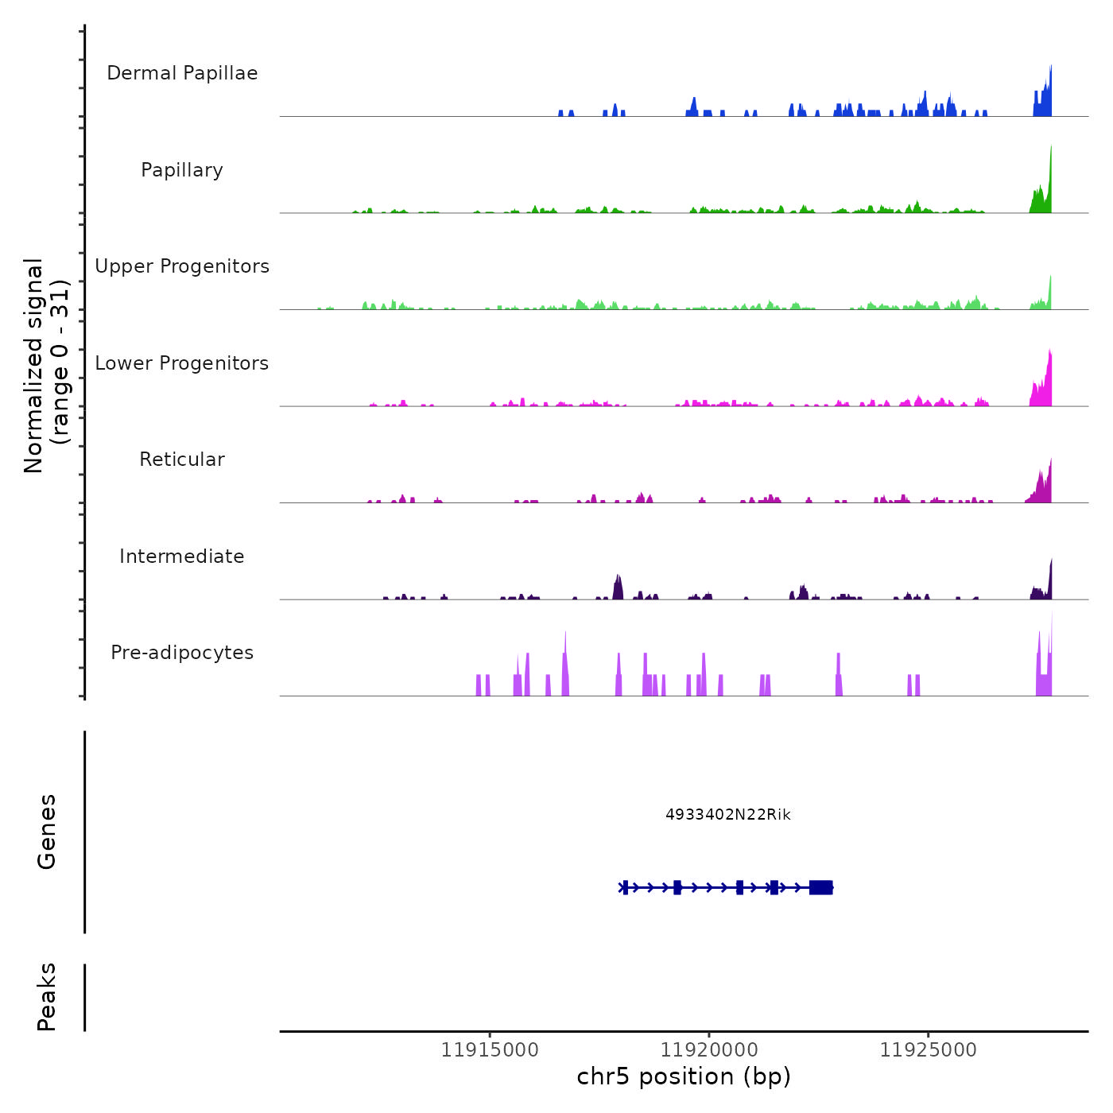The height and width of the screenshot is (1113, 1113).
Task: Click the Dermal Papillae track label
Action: (182, 73)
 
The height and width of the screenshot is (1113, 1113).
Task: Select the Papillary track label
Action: (182, 170)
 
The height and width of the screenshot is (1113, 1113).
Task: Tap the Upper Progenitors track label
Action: (182, 266)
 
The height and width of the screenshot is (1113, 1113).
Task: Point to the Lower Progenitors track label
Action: (182, 363)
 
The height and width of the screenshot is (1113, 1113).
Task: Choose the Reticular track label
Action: (182, 460)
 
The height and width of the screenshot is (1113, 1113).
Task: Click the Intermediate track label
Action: (182, 556)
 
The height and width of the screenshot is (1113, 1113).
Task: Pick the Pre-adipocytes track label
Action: (182, 653)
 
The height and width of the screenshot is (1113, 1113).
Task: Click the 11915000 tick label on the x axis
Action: (490, 1050)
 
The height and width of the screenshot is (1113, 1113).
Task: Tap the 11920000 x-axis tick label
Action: (709, 1050)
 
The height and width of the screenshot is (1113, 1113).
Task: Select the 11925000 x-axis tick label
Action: (928, 1050)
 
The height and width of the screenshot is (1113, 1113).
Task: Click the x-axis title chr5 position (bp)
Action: (684, 1076)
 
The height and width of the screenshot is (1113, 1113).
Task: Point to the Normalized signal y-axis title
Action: (46, 365)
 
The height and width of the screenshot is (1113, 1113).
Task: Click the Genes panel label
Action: (47, 832)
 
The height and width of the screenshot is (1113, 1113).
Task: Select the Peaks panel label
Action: (47, 997)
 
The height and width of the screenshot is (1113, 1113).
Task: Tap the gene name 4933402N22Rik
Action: (728, 815)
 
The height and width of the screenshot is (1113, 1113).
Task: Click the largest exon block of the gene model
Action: (820, 887)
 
